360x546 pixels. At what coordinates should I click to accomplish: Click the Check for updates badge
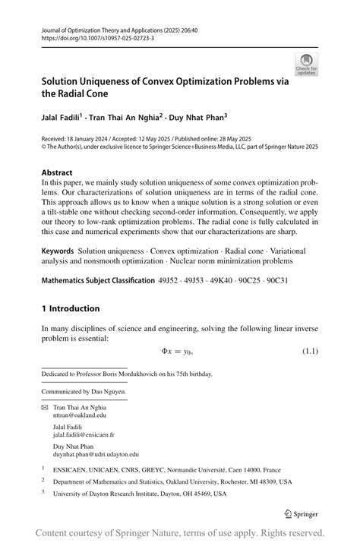pyautogui.click(x=306, y=64)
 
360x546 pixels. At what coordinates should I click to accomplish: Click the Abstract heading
pyautogui.click(x=58, y=172)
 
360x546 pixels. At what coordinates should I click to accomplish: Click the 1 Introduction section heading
pyautogui.click(x=71, y=308)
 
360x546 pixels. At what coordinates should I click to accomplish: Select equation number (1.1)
pyautogui.click(x=309, y=351)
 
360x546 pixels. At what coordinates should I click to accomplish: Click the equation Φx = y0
pyautogui.click(x=178, y=351)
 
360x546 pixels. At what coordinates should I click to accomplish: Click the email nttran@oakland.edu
pyautogui.click(x=80, y=415)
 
